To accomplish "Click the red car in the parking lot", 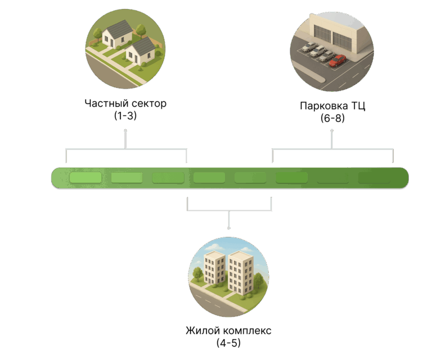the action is click(337, 61).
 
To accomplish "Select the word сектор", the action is click(149, 105).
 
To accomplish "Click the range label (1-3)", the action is click(125, 116).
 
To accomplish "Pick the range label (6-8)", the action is click(332, 118).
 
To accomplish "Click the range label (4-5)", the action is click(228, 343).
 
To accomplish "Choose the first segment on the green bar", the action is click(85, 178).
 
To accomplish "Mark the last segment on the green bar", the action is click(374, 178).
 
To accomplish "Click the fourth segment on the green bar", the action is click(209, 178).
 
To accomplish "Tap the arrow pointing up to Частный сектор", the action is click(125, 138).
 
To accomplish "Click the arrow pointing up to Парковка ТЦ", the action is click(332, 138).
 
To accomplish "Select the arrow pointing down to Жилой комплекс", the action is click(229, 220).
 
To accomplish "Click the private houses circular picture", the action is click(125, 49).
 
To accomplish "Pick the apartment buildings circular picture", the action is click(229, 277).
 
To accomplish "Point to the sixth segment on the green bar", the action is click(291, 178).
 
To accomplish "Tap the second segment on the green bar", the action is click(127, 178).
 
